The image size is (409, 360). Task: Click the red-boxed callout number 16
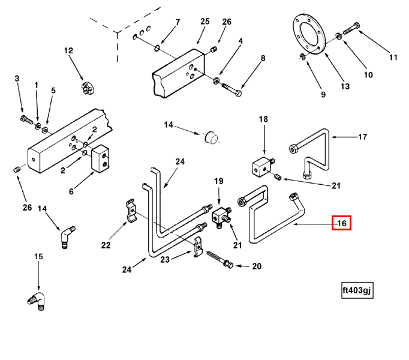pyautogui.click(x=342, y=223)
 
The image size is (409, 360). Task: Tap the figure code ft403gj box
pyautogui.click(x=357, y=290)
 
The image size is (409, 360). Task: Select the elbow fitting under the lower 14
pyautogui.click(x=65, y=235)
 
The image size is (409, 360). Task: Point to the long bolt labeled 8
pyautogui.click(x=232, y=90)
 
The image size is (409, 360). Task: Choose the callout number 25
pyautogui.click(x=204, y=22)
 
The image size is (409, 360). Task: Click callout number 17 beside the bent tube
pyautogui.click(x=362, y=137)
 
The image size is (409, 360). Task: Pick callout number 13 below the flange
pyautogui.click(x=345, y=86)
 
